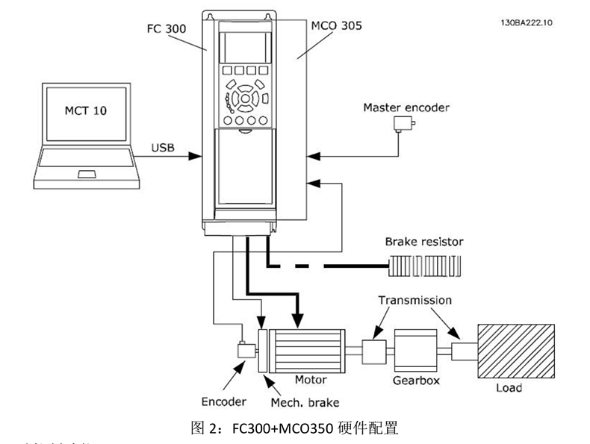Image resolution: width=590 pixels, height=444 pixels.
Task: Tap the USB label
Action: [x=162, y=148]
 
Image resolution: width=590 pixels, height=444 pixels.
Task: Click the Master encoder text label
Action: [x=406, y=107]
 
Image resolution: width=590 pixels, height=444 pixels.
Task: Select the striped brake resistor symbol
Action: [x=424, y=265]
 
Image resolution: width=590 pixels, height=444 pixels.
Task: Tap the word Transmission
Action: [x=414, y=300]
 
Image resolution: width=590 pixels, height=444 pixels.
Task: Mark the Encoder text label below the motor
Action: [x=223, y=401]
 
